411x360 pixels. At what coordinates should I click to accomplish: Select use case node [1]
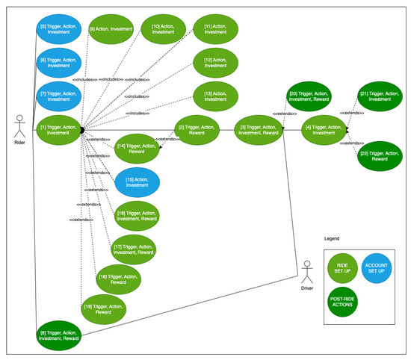(x=58, y=129)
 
